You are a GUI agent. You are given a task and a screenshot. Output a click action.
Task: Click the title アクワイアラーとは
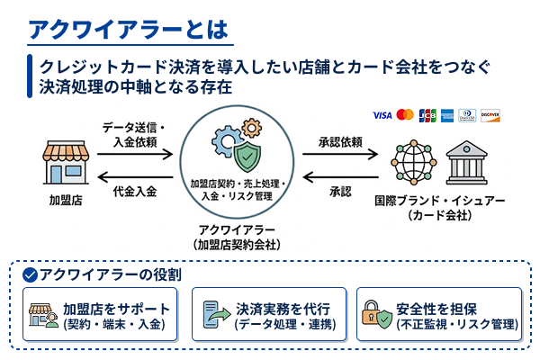pos(130,28)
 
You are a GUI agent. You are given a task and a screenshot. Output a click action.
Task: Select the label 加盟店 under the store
pos(65,200)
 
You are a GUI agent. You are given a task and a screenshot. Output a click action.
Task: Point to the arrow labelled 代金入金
pos(136,175)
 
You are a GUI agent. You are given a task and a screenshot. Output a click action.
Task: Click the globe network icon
pos(413,163)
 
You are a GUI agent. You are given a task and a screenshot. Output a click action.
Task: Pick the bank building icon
pos(468,163)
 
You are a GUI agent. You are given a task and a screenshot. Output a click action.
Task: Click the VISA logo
pos(382,115)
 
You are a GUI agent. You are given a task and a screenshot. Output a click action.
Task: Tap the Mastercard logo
pos(404,115)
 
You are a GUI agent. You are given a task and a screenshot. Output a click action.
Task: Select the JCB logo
pos(427,115)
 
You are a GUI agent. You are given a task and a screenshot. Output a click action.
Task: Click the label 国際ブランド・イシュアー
pos(440,200)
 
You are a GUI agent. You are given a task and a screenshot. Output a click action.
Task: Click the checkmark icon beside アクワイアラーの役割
pos(30,274)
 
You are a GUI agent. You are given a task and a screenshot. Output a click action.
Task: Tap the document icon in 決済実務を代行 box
pos(215,315)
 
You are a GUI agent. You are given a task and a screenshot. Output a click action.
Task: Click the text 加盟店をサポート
pos(115,308)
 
